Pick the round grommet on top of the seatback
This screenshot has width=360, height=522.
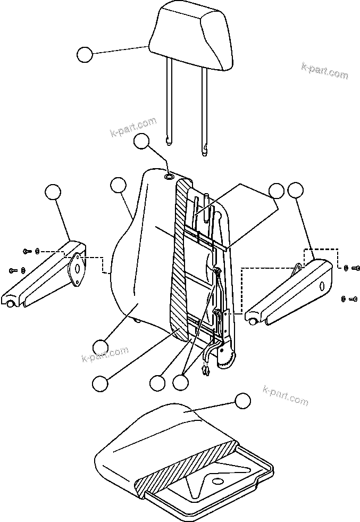tap(169, 177)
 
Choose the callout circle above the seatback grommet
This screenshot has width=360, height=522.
tap(141, 141)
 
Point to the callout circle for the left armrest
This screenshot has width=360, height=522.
tap(52, 192)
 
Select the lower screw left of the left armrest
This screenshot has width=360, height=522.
tap(13, 271)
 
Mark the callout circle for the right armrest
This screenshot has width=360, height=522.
tap(295, 190)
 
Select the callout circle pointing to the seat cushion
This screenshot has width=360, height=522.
tap(242, 401)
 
